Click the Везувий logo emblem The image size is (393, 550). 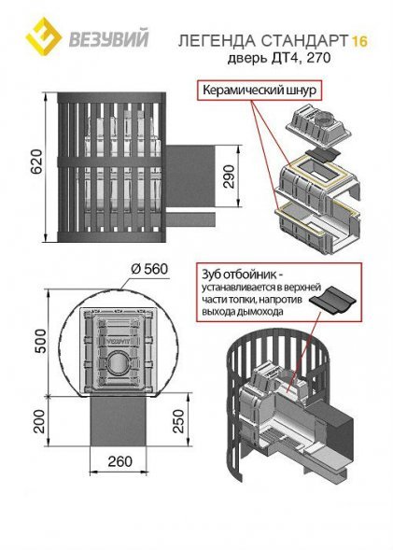pyautogui.click(x=38, y=36)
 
